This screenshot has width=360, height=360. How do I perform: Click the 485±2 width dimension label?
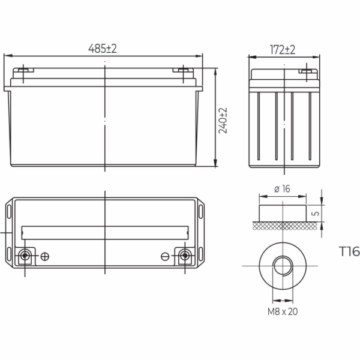click(x=103, y=49)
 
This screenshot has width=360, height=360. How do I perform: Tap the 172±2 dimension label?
click(x=283, y=50)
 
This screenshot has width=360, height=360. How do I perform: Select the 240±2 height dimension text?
click(x=223, y=121)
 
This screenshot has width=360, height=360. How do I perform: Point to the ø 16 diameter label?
click(x=282, y=189)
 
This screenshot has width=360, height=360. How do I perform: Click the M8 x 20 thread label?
click(x=283, y=311)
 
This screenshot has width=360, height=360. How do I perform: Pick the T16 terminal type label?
click(x=349, y=251)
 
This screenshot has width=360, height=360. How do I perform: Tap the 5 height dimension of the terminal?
click(x=316, y=213)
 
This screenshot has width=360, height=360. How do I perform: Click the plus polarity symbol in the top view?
click(x=45, y=256)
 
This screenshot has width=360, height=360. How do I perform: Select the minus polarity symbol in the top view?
click(x=165, y=256)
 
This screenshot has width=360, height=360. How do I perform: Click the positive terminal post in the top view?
click(x=25, y=256)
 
